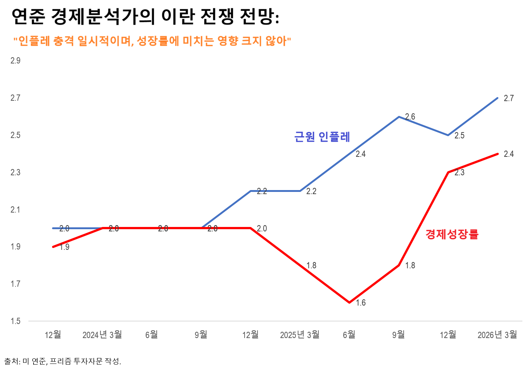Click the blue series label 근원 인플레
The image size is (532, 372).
[322, 137]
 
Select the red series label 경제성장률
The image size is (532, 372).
[452, 234]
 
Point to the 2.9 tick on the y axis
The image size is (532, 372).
[15, 61]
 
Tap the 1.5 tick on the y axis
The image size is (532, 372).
[15, 321]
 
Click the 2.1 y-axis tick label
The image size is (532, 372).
[15, 210]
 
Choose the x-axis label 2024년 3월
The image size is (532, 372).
[102, 335]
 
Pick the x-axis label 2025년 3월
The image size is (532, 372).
[300, 335]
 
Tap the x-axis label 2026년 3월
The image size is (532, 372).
[497, 335]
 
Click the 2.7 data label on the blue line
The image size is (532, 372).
[509, 98]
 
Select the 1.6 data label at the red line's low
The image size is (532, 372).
[361, 303]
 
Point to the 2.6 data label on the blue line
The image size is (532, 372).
[410, 117]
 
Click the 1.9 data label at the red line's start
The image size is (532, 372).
[64, 247]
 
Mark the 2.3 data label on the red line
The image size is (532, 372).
[460, 172]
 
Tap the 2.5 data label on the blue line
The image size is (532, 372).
[460, 135]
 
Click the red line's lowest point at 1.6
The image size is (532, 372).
[349, 302]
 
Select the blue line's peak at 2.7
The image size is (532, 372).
[497, 98]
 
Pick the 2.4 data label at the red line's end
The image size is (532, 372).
[509, 154]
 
